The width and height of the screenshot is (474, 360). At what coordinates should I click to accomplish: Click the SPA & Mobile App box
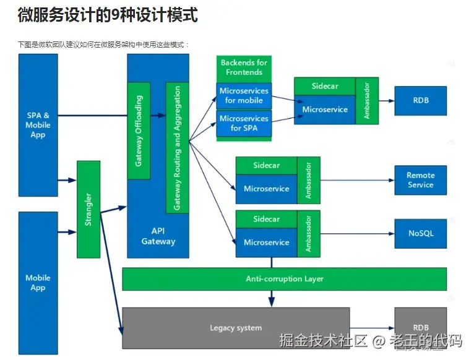[38, 125]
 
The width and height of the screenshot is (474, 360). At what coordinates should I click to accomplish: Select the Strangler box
[88, 209]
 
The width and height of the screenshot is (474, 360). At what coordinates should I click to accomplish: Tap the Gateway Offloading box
[139, 130]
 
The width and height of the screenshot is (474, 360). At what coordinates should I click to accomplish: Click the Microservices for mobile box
[244, 96]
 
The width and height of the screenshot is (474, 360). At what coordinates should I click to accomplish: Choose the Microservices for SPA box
[244, 123]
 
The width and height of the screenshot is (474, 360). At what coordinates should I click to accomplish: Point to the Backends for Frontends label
[244, 67]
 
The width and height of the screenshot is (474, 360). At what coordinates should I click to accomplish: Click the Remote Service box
[420, 180]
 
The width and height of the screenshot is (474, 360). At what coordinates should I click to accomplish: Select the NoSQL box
[420, 233]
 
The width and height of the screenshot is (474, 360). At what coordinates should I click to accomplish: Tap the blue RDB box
[420, 100]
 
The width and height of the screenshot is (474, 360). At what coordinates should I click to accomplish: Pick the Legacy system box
[236, 328]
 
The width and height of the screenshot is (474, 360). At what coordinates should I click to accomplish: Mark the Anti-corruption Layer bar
[284, 279]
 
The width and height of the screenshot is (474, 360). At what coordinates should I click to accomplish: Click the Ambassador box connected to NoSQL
[308, 234]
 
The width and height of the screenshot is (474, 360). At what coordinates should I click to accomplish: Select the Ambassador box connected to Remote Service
[308, 180]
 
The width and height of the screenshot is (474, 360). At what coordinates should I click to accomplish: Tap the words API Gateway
[158, 236]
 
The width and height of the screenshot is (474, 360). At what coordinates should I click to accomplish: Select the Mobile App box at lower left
[38, 283]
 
